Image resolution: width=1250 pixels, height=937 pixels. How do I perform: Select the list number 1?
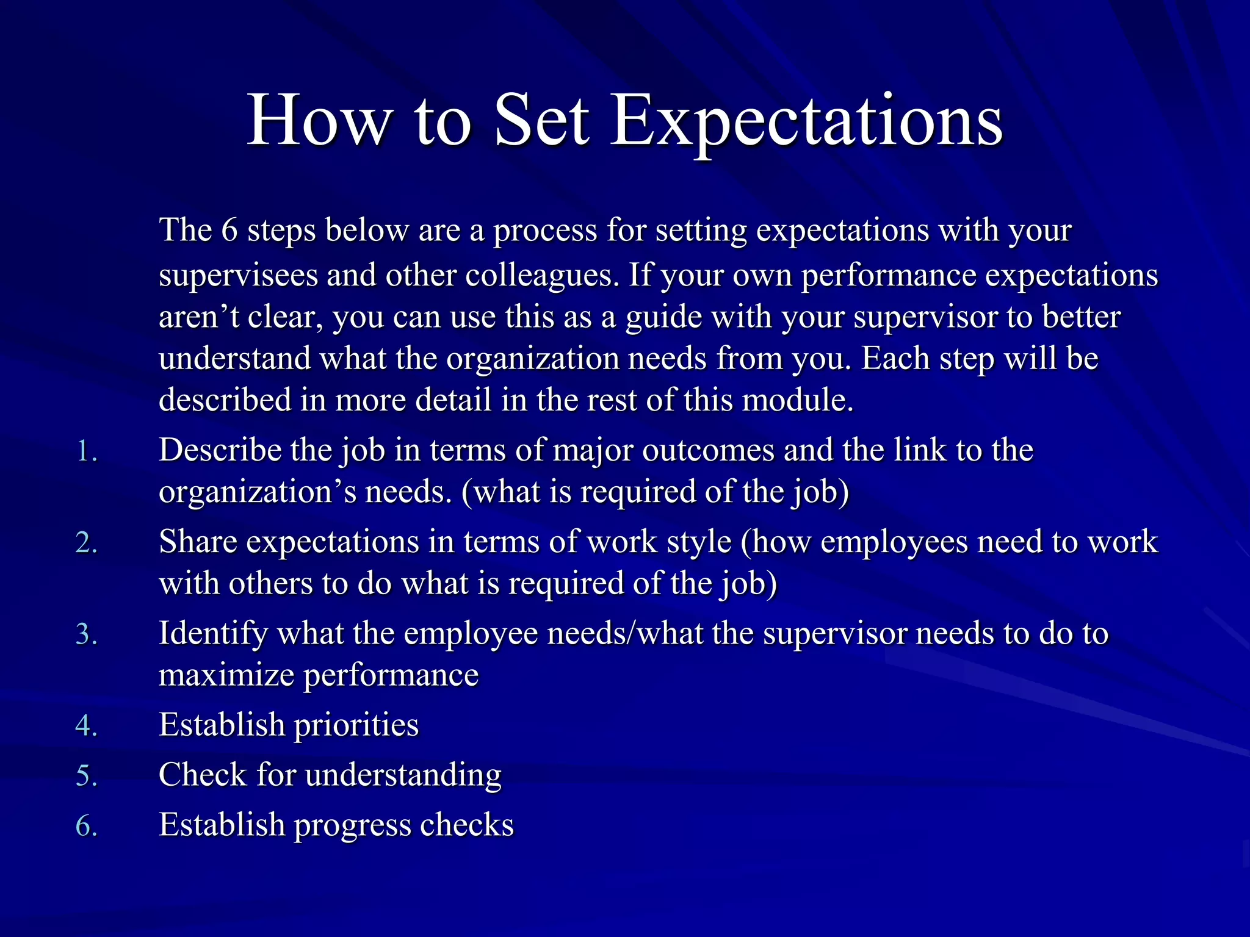86,452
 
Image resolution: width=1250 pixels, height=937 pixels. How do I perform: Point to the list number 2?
86,543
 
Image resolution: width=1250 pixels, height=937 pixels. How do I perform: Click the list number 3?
86,634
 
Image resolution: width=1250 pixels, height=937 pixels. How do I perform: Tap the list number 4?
86,726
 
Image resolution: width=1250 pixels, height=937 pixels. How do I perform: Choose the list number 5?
86,776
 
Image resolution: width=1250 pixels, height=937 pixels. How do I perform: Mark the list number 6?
86,826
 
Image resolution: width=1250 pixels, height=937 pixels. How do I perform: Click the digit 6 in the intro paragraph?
229,231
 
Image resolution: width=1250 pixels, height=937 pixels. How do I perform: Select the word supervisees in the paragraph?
238,276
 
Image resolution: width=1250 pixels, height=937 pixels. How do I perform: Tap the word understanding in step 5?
403,775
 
